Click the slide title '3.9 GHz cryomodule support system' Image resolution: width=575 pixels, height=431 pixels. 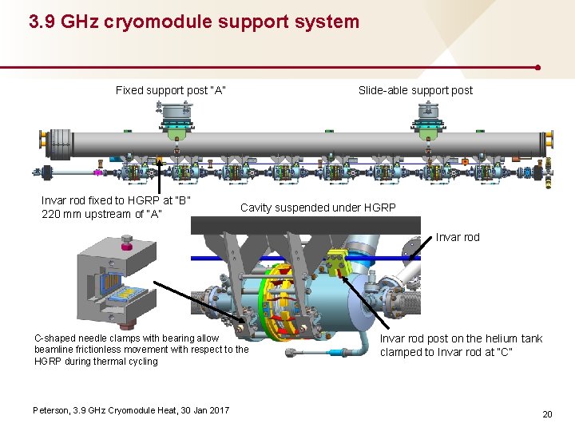(x=194, y=22)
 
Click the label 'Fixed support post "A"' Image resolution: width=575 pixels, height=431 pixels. (x=171, y=90)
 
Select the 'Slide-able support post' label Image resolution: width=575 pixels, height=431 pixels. (x=415, y=90)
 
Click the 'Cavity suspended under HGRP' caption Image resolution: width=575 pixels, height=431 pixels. (x=318, y=208)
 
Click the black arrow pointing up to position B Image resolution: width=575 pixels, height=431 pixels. (x=159, y=176)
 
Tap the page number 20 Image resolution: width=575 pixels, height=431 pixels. (x=547, y=413)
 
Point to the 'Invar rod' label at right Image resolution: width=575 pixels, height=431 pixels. (x=458, y=237)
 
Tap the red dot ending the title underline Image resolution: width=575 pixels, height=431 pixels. (x=539, y=68)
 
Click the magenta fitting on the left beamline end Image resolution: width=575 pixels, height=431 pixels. (x=97, y=172)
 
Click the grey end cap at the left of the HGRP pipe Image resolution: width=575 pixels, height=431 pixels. (x=43, y=140)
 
